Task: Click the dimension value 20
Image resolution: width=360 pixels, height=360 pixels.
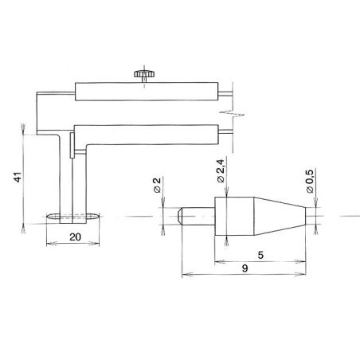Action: pyautogui.click(x=73, y=236)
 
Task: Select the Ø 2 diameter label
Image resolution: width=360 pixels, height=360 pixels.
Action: pyautogui.click(x=158, y=188)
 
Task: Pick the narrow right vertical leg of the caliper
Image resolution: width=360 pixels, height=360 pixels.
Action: pyautogui.click(x=77, y=179)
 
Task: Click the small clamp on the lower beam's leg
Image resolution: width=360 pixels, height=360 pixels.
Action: pyautogui.click(x=71, y=146)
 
